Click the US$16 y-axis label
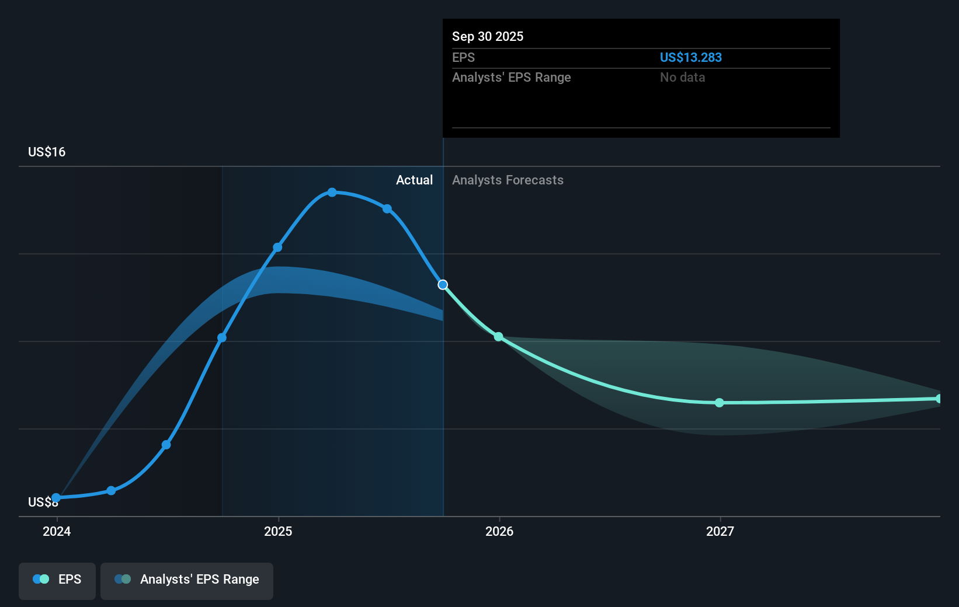click(47, 152)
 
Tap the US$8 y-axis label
click(43, 502)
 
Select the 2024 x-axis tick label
click(57, 531)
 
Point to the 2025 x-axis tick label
click(278, 531)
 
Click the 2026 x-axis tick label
click(499, 531)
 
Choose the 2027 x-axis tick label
click(720, 531)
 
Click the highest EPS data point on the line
click(332, 192)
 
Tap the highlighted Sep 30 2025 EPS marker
click(443, 285)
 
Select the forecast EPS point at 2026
click(498, 337)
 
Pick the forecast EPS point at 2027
click(720, 403)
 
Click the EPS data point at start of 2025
click(277, 247)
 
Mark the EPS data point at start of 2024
click(56, 498)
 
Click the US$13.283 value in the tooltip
click(690, 57)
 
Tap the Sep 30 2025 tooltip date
click(488, 36)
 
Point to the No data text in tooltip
click(682, 77)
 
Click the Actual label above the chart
click(414, 180)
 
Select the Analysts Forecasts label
click(508, 180)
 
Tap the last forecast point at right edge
click(939, 399)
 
